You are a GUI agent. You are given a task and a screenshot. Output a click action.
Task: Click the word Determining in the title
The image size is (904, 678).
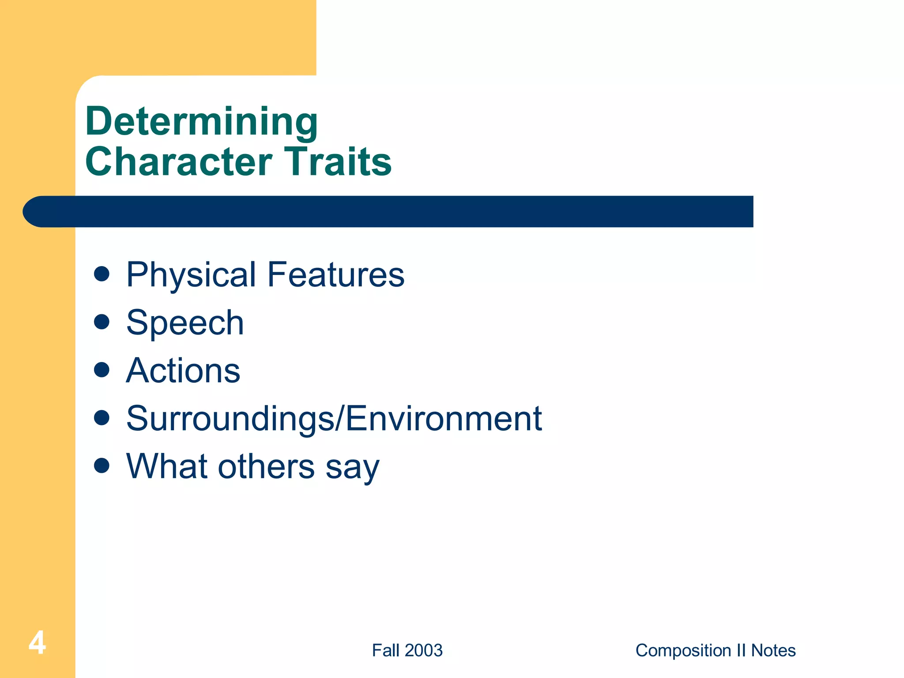201,121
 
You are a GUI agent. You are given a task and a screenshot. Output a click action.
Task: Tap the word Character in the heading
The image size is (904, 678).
179,162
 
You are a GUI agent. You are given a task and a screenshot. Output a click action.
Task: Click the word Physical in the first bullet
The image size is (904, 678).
191,275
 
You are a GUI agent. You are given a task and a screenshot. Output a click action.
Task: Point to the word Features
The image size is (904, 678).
335,275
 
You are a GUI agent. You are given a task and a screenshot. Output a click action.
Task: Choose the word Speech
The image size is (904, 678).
185,323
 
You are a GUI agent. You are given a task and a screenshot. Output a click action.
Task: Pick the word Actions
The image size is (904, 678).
183,371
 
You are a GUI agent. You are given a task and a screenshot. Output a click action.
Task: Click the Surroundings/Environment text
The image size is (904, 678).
334,418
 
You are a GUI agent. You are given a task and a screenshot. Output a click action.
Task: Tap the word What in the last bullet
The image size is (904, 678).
166,466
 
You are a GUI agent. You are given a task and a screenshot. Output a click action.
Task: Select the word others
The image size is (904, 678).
267,466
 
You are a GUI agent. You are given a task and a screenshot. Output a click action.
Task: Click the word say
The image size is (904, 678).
352,468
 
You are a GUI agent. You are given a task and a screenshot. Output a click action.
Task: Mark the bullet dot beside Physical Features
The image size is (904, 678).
102,274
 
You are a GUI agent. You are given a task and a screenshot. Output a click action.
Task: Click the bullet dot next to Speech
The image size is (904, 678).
102,322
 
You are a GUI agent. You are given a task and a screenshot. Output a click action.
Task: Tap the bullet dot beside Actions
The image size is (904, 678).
102,370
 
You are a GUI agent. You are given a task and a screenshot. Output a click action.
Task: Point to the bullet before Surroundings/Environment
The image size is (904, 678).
102,418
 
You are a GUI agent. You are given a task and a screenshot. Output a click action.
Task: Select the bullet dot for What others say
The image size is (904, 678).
102,465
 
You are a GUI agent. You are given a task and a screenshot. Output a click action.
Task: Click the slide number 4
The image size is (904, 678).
37,643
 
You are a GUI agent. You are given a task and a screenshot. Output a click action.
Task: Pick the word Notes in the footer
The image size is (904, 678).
773,651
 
